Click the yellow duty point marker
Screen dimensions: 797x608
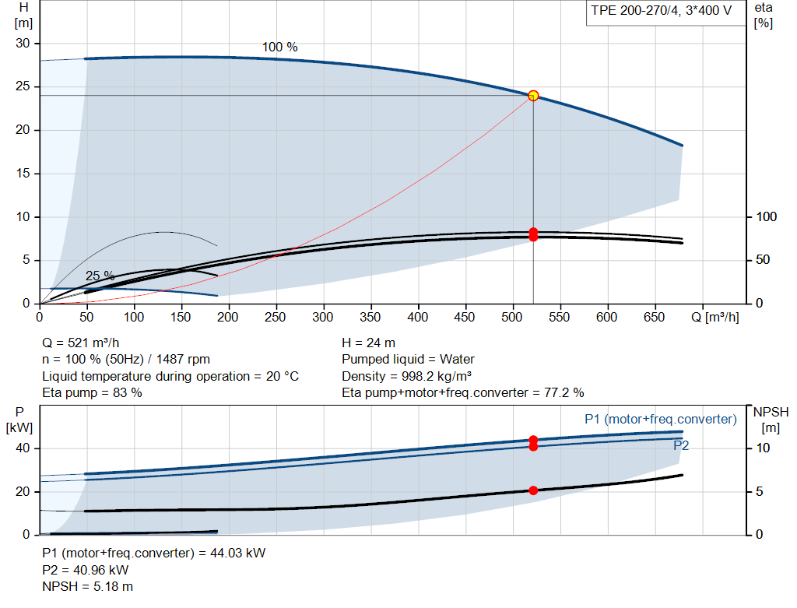pyautogui.click(x=533, y=96)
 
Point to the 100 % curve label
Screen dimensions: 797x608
pyautogui.click(x=279, y=47)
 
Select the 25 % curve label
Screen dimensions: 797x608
pyautogui.click(x=100, y=276)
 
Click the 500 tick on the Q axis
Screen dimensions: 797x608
pyautogui.click(x=512, y=317)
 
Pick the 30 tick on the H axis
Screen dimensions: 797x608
pyautogui.click(x=23, y=44)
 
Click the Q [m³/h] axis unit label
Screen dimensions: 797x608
pyautogui.click(x=714, y=317)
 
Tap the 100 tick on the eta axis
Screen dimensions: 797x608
pyautogui.click(x=767, y=217)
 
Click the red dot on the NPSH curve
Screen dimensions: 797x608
pyautogui.click(x=533, y=490)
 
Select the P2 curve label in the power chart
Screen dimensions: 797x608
pyautogui.click(x=681, y=446)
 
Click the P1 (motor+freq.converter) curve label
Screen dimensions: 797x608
pyautogui.click(x=661, y=420)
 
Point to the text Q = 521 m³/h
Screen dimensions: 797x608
pyautogui.click(x=80, y=343)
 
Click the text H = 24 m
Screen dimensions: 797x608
pyautogui.click(x=368, y=343)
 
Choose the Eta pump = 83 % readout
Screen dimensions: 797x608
pyautogui.click(x=92, y=393)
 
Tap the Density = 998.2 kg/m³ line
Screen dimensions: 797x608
pyautogui.click(x=406, y=376)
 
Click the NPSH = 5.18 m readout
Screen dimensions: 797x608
pyautogui.click(x=87, y=587)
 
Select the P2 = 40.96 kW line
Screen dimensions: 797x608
pyautogui.click(x=86, y=571)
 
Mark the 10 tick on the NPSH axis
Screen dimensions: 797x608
pyautogui.click(x=763, y=448)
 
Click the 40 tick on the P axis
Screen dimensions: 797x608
pyautogui.click(x=23, y=448)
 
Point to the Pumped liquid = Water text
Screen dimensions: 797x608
pyautogui.click(x=408, y=360)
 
